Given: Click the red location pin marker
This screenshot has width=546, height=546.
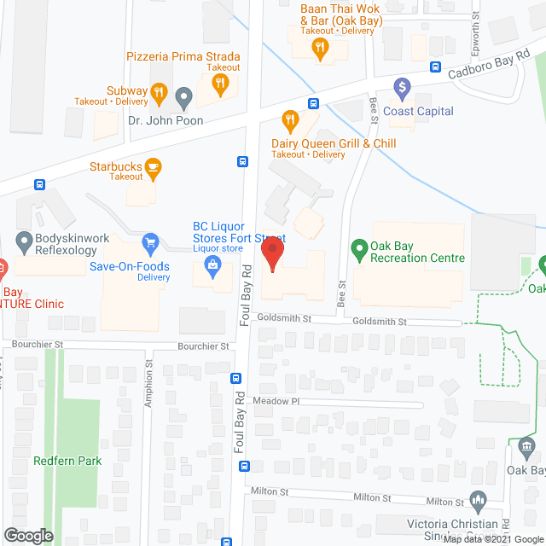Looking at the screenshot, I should pyautogui.click(x=271, y=254).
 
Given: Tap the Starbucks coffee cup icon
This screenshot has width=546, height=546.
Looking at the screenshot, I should pyautogui.click(x=153, y=166).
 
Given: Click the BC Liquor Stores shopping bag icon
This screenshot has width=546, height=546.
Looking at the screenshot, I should pyautogui.click(x=209, y=268).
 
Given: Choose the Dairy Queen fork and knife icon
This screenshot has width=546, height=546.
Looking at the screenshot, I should pyautogui.click(x=289, y=119).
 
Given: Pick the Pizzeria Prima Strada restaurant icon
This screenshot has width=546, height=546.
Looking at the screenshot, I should pyautogui.click(x=219, y=82).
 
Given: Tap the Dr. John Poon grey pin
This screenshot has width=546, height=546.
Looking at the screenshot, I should pyautogui.click(x=183, y=99).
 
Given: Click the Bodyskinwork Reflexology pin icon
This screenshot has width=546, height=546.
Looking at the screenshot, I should pyautogui.click(x=23, y=241).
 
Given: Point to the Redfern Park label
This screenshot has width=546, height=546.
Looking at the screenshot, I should pyautogui.click(x=67, y=461).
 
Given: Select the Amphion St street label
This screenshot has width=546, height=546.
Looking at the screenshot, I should pyautogui.click(x=148, y=385).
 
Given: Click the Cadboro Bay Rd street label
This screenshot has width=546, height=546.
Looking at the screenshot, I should pyautogui.click(x=486, y=74).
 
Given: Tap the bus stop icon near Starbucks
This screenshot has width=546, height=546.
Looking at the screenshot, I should pyautogui.click(x=242, y=161).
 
